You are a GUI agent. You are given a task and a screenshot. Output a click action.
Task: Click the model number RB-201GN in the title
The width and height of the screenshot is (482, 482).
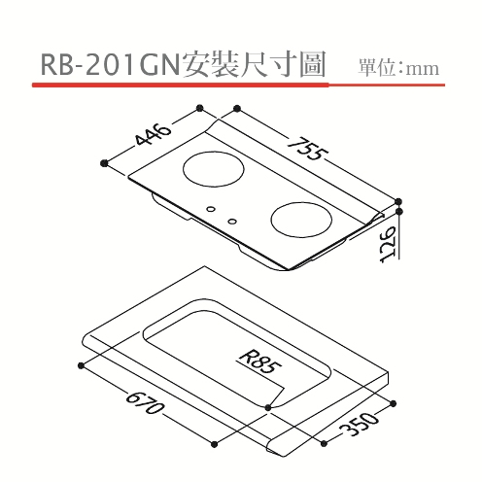110,65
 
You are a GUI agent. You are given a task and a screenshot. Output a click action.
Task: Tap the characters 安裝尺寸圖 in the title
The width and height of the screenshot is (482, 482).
254,65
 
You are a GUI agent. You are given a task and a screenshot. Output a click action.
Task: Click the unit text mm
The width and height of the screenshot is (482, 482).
424,69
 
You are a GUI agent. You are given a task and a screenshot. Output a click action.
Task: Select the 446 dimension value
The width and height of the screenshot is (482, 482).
153,135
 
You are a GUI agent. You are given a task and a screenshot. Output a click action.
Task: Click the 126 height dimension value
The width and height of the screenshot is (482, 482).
388,245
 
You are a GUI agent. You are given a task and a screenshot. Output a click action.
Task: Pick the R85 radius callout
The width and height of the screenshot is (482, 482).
259,362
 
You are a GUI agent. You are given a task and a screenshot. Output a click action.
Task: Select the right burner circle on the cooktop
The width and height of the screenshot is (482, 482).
301,220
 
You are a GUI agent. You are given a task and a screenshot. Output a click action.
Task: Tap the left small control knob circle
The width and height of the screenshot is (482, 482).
211,209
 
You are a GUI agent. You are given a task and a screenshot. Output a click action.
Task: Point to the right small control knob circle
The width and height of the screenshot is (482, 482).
232,222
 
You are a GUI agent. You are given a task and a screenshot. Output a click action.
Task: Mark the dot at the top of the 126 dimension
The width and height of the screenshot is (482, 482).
399,211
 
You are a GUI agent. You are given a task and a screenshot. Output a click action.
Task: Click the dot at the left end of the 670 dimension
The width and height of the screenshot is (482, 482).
81,365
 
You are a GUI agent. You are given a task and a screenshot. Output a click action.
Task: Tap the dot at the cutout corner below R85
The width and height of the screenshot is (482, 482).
268,407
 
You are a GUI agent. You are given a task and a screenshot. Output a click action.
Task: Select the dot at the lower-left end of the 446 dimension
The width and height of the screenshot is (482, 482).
104,163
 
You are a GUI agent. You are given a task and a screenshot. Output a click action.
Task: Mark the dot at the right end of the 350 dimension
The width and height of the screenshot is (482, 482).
394,403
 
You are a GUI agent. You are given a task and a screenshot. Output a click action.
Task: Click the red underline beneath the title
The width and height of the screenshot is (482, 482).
238,85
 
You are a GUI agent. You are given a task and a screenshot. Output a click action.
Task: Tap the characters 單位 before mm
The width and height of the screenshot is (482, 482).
376,68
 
